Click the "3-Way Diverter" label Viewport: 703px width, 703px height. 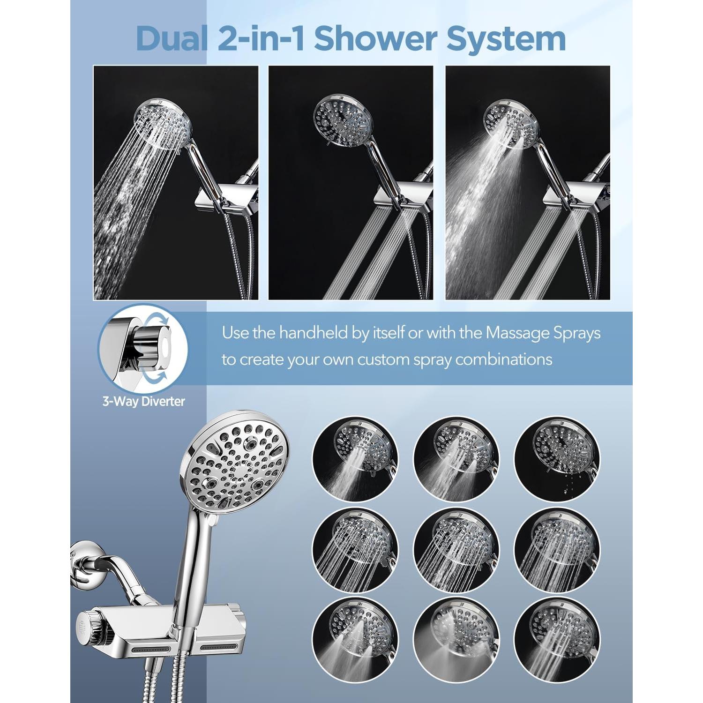(144, 401)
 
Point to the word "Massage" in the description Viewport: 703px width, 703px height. (517, 333)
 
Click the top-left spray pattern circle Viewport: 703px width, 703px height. (355, 459)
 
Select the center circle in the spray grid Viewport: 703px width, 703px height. (456, 550)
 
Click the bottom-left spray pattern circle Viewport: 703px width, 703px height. (355, 640)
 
